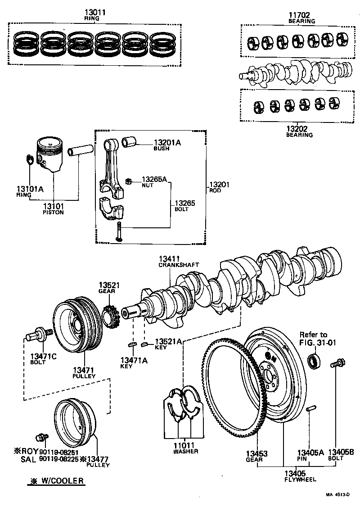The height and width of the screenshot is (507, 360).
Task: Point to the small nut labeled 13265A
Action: [x=128, y=181]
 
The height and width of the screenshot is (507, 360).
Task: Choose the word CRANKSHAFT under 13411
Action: [x=178, y=265]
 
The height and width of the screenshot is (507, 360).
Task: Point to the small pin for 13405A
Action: [x=310, y=409]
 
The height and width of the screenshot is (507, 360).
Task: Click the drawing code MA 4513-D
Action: [x=338, y=494]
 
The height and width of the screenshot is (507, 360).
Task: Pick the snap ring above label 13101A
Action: [x=29, y=160]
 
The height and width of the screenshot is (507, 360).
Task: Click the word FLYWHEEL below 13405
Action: [x=300, y=480]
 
